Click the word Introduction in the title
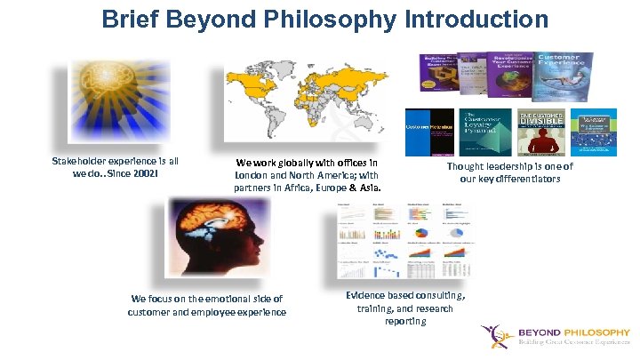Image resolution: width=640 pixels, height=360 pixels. pyautogui.click(x=479, y=19)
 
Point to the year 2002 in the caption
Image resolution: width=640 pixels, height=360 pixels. pyautogui.click(x=156, y=172)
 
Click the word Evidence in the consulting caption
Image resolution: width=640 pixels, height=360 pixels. pyautogui.click(x=366, y=295)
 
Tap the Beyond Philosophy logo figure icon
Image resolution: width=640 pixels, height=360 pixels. pyautogui.click(x=495, y=337)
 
